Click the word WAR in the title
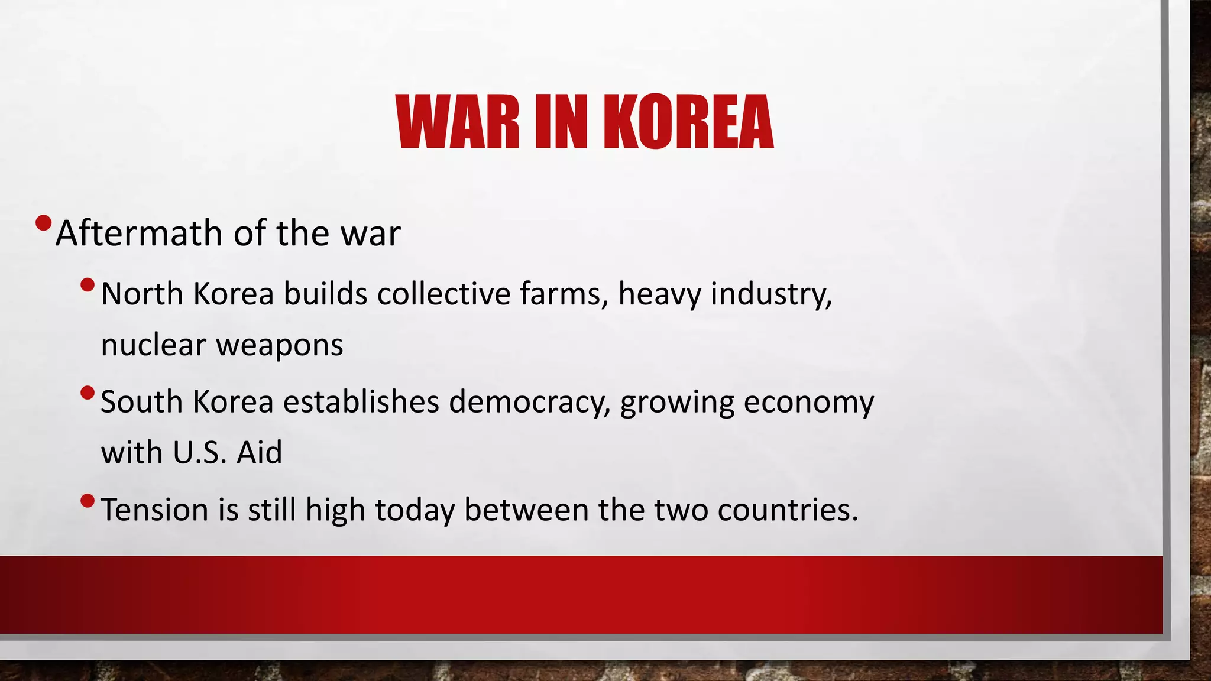[x=458, y=122]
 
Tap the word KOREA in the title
[x=688, y=122]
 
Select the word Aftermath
[x=140, y=233]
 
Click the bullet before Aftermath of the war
[x=43, y=223]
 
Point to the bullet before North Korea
[x=87, y=286]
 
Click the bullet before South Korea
[x=87, y=393]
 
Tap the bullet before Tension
[x=87, y=501]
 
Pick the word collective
[x=443, y=294]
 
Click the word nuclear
[x=153, y=345]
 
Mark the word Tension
[x=154, y=510]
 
